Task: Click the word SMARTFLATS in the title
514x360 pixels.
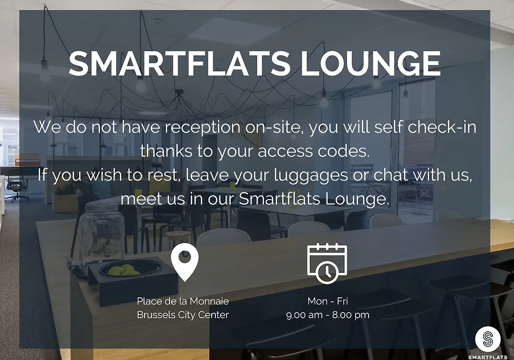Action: tap(179, 63)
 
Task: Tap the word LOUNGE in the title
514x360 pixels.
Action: tap(371, 63)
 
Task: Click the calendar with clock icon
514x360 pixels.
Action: tap(327, 263)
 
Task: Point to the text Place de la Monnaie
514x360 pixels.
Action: tap(183, 301)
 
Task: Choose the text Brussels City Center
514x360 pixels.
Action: tap(183, 315)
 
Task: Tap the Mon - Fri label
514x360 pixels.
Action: tap(328, 301)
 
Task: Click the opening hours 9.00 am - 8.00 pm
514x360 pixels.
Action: tap(328, 315)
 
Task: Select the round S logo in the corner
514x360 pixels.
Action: tap(488, 339)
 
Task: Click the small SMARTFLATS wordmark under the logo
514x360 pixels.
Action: tap(488, 357)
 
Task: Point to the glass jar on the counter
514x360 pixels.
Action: tap(100, 237)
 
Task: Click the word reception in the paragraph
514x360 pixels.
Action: tap(202, 127)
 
